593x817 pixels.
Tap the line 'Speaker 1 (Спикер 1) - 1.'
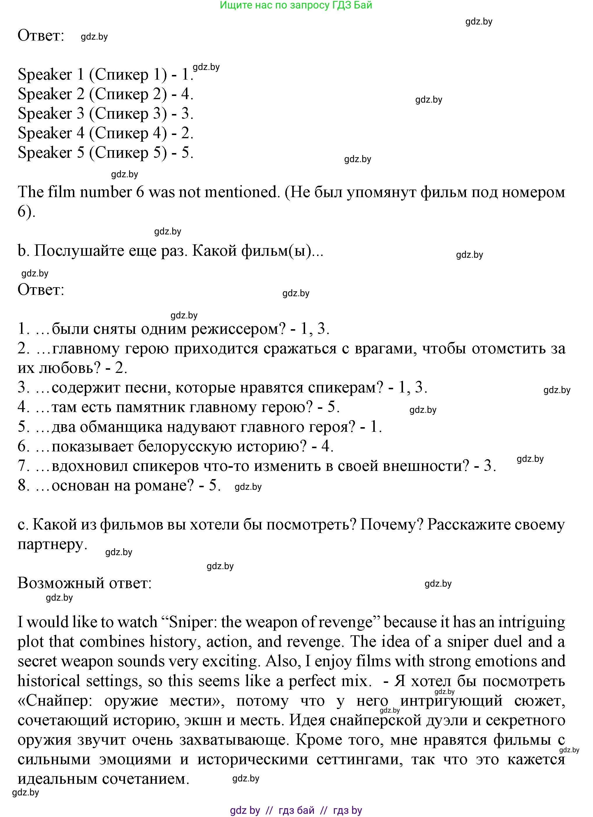(105, 75)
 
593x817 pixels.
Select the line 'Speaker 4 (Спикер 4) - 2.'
(105, 133)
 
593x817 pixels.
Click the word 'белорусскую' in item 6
(185, 447)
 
